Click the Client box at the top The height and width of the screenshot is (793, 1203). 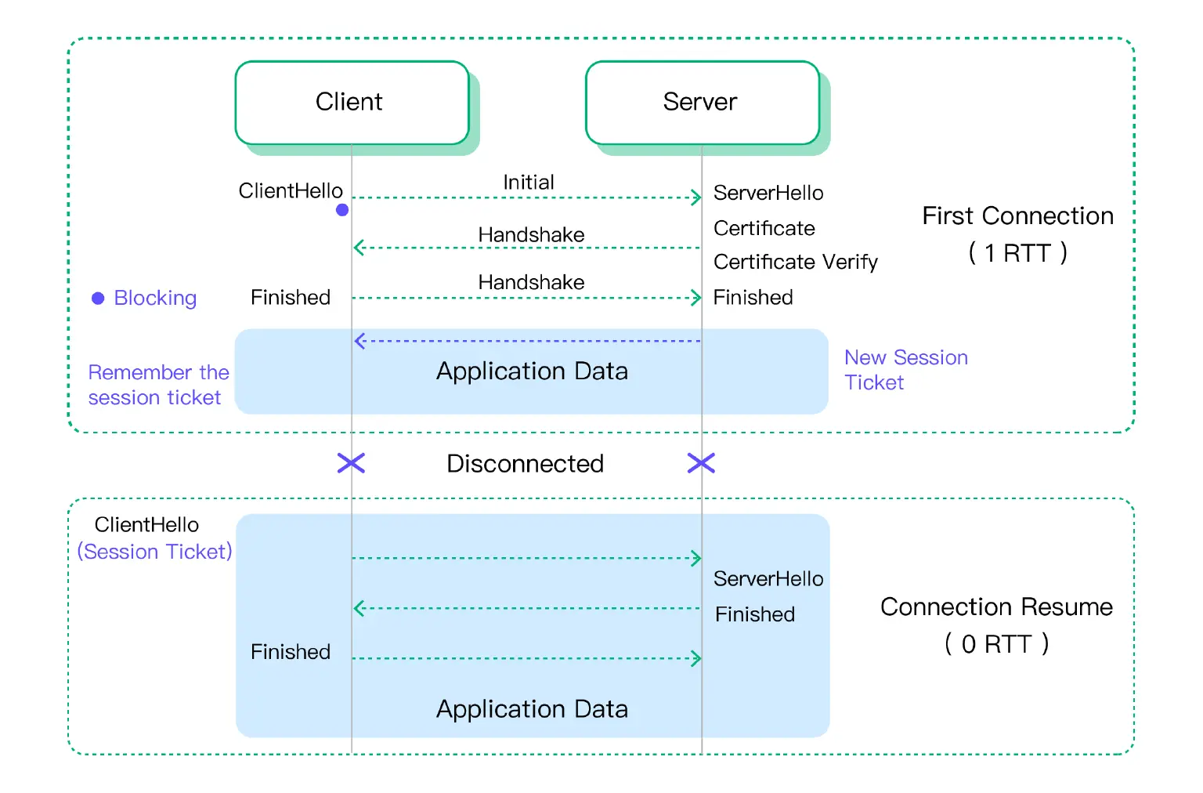pos(352,103)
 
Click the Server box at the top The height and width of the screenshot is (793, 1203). pos(702,103)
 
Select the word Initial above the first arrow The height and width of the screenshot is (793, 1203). pos(529,183)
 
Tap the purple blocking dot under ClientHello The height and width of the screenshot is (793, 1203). pos(342,210)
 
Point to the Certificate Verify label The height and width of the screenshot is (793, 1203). pos(795,262)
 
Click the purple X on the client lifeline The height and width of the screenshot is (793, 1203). pos(351,463)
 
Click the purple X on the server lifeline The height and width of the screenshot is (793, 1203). pos(701,463)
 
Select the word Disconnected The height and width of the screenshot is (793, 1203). pos(525,464)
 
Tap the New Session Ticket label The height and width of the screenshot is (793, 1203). pos(905,370)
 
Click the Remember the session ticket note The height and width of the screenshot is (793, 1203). pos(158,385)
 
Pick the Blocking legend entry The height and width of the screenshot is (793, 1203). pos(145,299)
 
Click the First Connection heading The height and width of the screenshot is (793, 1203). pos(1017,216)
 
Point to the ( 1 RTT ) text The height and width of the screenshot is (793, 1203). pos(1017,253)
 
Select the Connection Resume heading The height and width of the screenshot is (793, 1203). pos(996,607)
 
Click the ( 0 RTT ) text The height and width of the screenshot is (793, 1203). pos(996,644)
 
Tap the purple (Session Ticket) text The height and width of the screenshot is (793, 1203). pos(155,552)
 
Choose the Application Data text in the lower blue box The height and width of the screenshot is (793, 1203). pos(532,709)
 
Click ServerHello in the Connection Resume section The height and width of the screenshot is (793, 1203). pos(768,579)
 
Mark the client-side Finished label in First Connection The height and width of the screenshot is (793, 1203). pos(291,298)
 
